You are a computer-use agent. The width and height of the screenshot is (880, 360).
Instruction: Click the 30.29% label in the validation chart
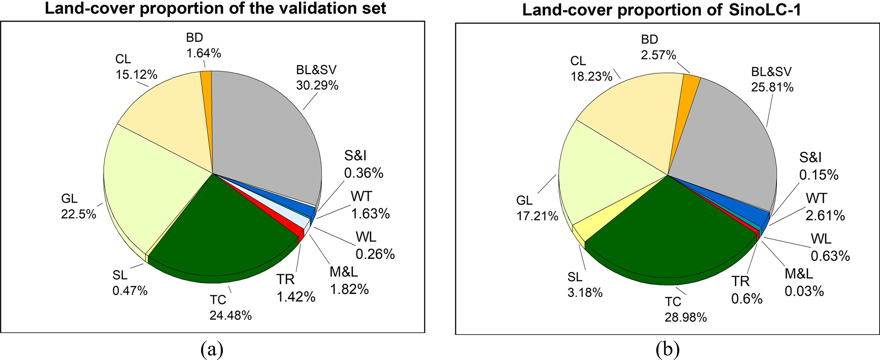coord(317,86)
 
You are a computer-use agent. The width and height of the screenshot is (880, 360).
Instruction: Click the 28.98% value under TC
coord(686,317)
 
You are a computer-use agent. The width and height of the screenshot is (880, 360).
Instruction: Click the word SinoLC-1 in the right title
coord(765,10)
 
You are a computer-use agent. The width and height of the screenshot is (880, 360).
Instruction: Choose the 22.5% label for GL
coord(78,214)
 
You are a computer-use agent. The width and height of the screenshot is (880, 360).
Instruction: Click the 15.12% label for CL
coord(136,75)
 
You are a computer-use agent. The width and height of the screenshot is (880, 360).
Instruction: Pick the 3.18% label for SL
coord(585,293)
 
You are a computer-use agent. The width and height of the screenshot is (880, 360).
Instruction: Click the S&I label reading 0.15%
coord(819,175)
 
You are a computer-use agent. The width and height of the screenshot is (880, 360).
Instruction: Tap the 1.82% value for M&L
coord(349,289)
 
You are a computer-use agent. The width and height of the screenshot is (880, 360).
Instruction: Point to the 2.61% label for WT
coord(825,216)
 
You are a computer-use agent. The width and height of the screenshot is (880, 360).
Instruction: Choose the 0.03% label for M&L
coord(804,291)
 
